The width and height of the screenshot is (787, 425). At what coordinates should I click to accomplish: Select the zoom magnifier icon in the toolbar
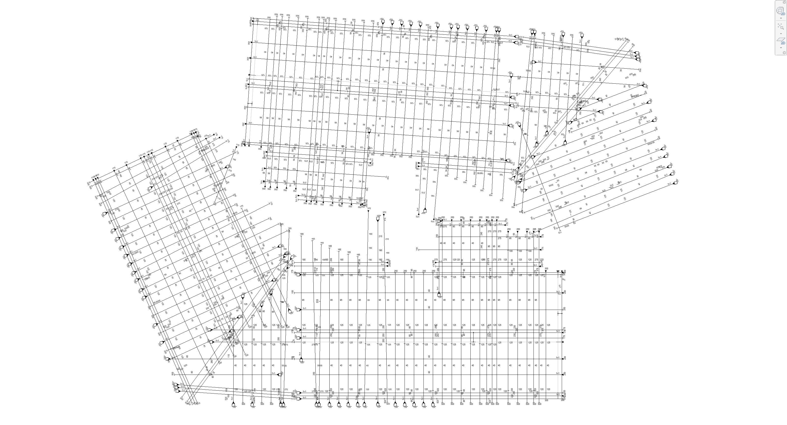(781, 27)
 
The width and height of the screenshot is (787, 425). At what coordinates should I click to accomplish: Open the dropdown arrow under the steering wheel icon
(781, 18)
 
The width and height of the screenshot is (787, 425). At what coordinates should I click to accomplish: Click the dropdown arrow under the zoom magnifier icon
(781, 34)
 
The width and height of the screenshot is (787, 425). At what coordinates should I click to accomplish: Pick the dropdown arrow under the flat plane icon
(781, 48)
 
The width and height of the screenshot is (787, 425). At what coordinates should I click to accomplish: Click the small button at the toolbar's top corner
(784, 2)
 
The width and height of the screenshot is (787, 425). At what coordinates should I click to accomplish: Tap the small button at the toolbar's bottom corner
(784, 53)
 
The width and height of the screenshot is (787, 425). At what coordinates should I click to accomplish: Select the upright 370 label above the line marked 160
(369, 208)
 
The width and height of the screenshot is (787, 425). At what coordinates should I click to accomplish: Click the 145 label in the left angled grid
(234, 159)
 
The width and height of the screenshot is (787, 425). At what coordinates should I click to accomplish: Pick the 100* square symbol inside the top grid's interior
(369, 131)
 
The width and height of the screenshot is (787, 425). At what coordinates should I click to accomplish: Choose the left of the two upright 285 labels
(534, 229)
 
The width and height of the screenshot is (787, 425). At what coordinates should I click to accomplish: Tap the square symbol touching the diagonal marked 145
(227, 167)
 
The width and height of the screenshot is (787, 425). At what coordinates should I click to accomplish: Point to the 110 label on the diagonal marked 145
(219, 199)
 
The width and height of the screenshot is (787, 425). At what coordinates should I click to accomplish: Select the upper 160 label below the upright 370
(370, 234)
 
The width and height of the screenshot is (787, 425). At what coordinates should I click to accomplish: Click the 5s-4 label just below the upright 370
(385, 219)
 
